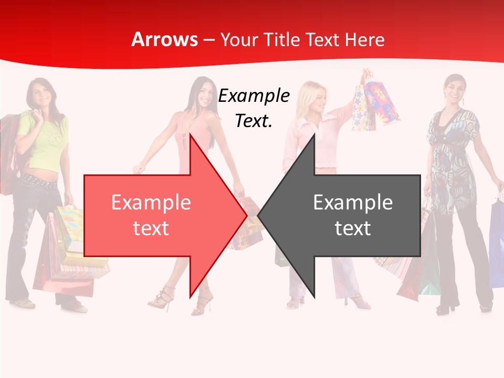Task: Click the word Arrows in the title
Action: click(164, 39)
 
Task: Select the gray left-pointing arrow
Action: click(346, 215)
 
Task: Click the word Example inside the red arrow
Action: click(151, 202)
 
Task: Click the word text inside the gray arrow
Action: click(353, 228)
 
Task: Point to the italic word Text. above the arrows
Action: click(254, 121)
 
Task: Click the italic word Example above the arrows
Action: click(254, 96)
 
